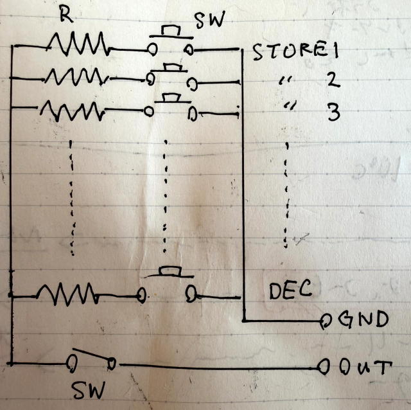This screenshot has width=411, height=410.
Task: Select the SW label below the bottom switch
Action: point(89,389)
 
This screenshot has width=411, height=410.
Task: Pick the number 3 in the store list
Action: point(333,112)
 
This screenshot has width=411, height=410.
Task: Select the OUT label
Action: point(363,368)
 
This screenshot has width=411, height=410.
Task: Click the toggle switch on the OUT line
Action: point(91,360)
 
